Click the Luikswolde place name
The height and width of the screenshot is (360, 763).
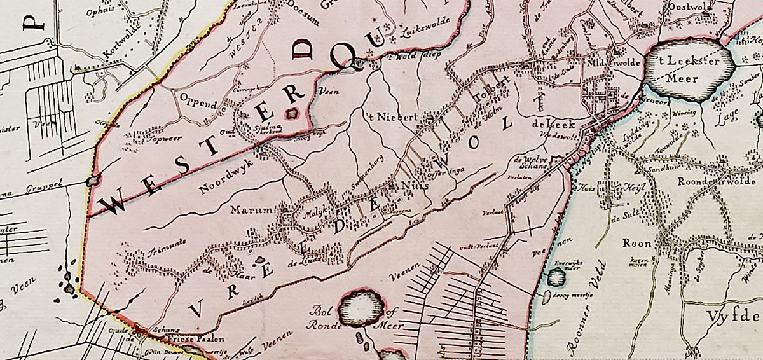425,30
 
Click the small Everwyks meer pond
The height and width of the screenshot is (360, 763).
556,276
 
